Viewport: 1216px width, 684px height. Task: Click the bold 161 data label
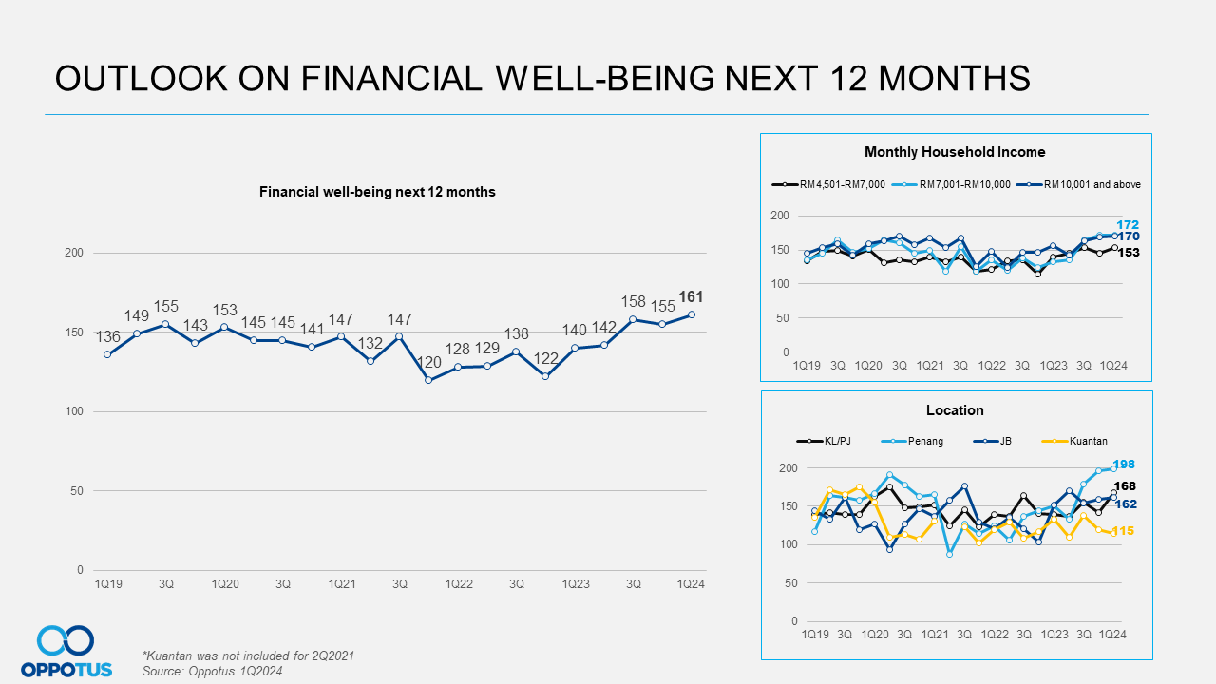pyautogui.click(x=691, y=296)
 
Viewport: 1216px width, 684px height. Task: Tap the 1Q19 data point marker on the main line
pyautogui.click(x=107, y=354)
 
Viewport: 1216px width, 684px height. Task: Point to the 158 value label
pyautogui.click(x=633, y=301)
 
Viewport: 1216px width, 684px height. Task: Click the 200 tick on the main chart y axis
pyautogui.click(x=74, y=253)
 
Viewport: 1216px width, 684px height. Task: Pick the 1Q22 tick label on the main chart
pyautogui.click(x=459, y=584)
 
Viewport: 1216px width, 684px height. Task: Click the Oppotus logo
pyautogui.click(x=66, y=652)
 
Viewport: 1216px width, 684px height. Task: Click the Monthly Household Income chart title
pyautogui.click(x=955, y=152)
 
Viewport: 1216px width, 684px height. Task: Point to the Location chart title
pyautogui.click(x=955, y=410)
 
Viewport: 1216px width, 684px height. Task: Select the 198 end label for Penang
pyautogui.click(x=1124, y=465)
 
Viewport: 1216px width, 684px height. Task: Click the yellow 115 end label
pyautogui.click(x=1123, y=531)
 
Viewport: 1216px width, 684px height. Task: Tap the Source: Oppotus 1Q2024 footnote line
pyautogui.click(x=212, y=671)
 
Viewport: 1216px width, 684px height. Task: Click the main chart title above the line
pyautogui.click(x=377, y=192)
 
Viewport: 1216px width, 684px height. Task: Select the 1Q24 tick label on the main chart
pyautogui.click(x=690, y=584)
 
